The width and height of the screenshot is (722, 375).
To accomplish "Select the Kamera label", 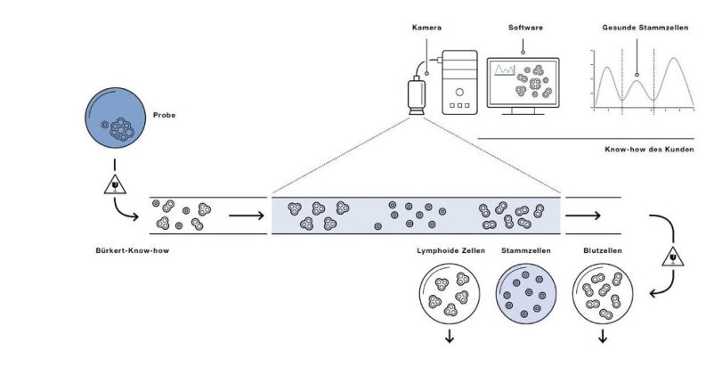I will tap(426, 28).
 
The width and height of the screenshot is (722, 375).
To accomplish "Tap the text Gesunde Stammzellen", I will tap(638, 28).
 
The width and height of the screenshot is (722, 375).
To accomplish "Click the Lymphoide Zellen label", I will tap(450, 251).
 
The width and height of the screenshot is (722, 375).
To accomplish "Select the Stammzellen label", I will tap(526, 251).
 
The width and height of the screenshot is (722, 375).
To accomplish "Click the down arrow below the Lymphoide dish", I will tap(449, 336).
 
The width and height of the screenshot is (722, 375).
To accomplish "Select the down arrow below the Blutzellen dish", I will tap(603, 336).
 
